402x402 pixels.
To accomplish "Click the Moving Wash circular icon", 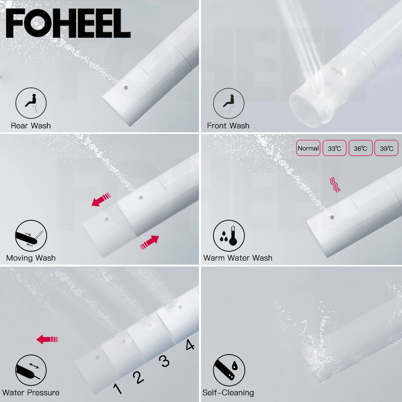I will pos(31,236).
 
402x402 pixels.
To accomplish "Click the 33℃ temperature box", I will pos(334,148).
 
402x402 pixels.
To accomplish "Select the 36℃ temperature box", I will pos(360,148).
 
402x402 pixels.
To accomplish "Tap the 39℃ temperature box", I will pos(386,148).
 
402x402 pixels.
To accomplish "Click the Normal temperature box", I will pos(308,148).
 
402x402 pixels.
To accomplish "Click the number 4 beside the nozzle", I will pos(190,345).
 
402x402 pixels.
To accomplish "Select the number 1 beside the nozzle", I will pos(117,388).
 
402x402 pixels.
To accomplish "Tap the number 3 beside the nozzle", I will pos(164,361).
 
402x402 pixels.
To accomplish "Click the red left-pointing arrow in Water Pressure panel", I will pos(47,340).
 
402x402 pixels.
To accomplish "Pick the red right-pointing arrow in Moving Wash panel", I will pos(149,242).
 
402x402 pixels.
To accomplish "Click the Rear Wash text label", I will pos(31,126).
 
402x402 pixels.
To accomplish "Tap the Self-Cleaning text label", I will pos(228,393).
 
